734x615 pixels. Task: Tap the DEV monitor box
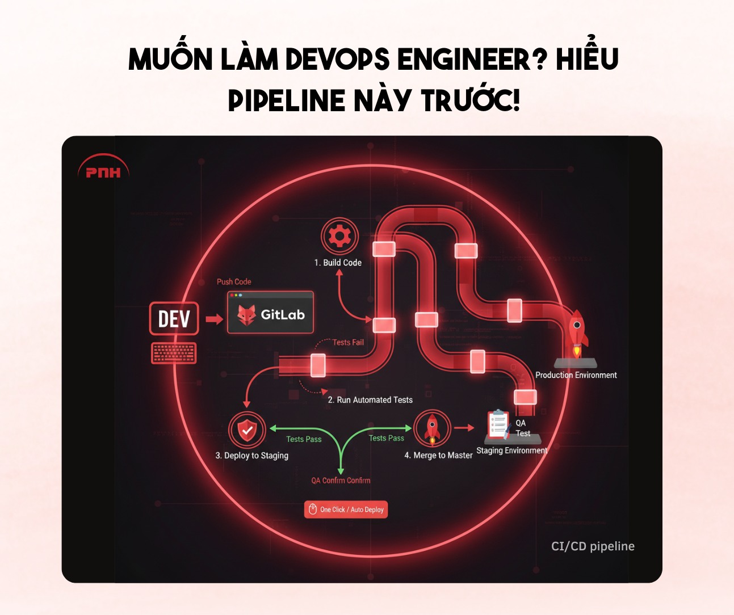[x=174, y=318]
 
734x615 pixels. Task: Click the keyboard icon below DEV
[x=174, y=353]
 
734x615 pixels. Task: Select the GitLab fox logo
[x=246, y=315]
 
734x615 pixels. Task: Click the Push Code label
[x=234, y=281]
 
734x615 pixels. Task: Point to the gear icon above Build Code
[x=339, y=236]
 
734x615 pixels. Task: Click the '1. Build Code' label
[x=338, y=263]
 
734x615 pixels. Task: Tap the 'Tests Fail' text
[x=348, y=342]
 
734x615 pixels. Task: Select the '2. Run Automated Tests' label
[x=370, y=400]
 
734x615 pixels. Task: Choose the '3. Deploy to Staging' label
[x=251, y=456]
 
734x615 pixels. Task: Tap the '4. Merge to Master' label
[x=438, y=455]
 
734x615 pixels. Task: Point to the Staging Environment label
[x=512, y=450]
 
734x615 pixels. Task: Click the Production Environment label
[x=576, y=375]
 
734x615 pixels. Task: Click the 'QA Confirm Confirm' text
[x=341, y=481]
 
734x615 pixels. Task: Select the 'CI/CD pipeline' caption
[x=593, y=546]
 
